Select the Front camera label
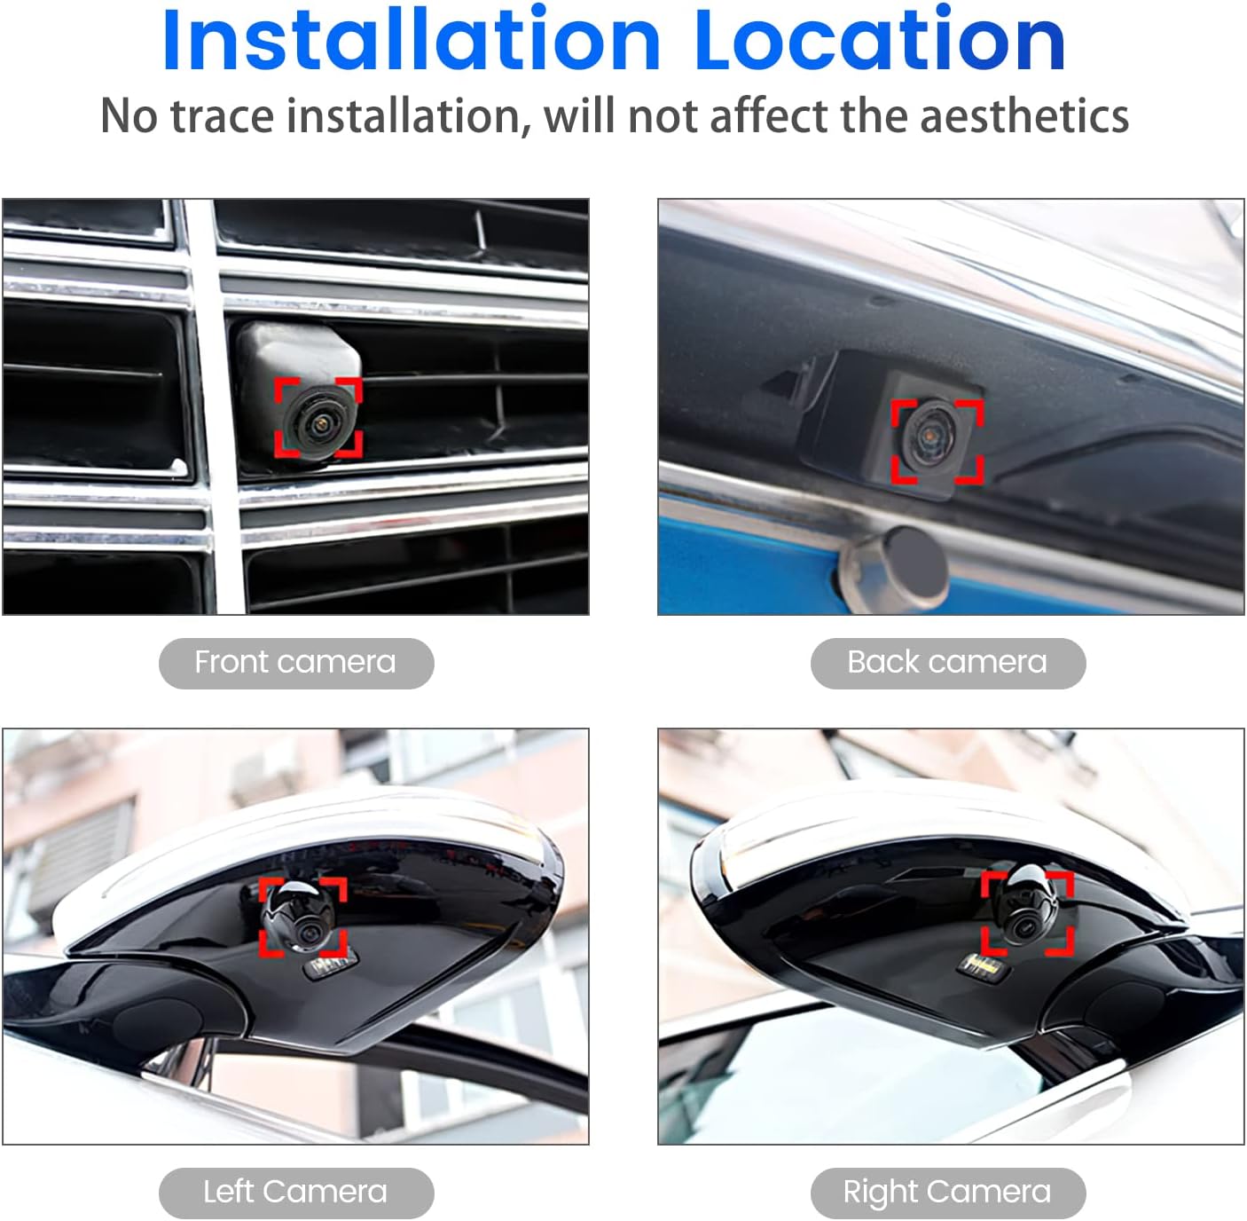[295, 663]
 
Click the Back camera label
[947, 663]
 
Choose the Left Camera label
[295, 1192]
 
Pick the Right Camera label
[947, 1192]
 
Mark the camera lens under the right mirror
[1020, 926]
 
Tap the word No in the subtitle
[129, 116]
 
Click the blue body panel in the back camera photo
[736, 559]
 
